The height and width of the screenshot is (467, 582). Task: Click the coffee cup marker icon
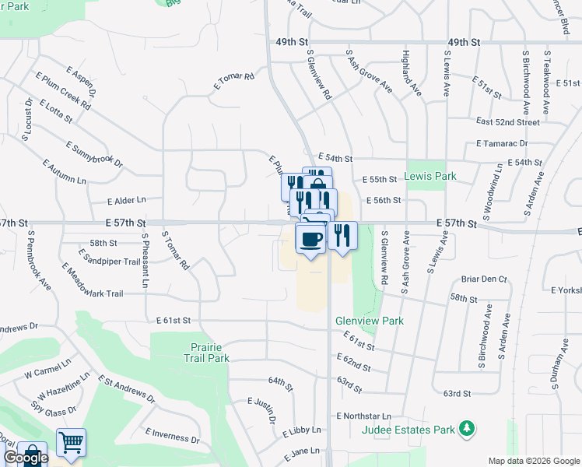point(311,239)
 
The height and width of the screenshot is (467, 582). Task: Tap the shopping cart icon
point(71,442)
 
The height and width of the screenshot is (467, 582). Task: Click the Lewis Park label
point(430,177)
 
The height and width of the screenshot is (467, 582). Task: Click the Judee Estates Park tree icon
point(467,427)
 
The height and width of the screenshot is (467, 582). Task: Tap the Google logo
point(26,458)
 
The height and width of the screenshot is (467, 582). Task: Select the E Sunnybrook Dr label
point(94,154)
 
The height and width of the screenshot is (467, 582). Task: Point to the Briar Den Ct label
point(483,279)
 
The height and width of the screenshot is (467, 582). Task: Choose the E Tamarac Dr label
point(502,143)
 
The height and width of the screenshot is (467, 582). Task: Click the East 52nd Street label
point(507,122)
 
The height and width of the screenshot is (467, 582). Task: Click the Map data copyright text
point(533,461)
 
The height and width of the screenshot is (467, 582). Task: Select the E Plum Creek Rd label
point(62,90)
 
